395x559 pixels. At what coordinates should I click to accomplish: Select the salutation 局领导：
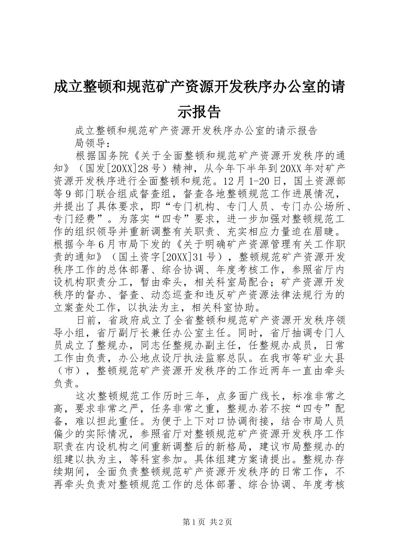pos(92,143)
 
